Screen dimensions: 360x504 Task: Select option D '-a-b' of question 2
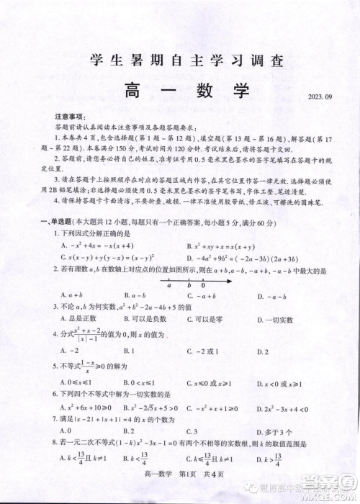coord(269,294)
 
